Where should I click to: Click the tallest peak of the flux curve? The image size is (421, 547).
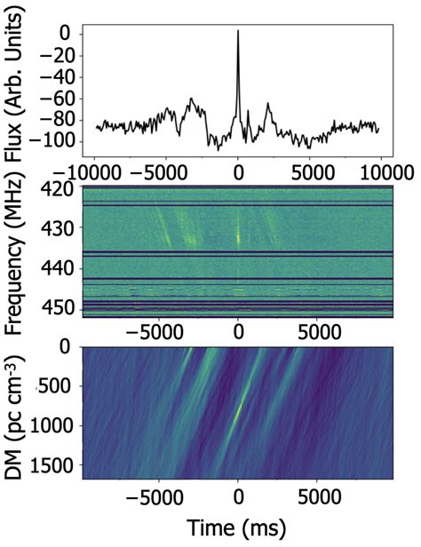click(238, 31)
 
